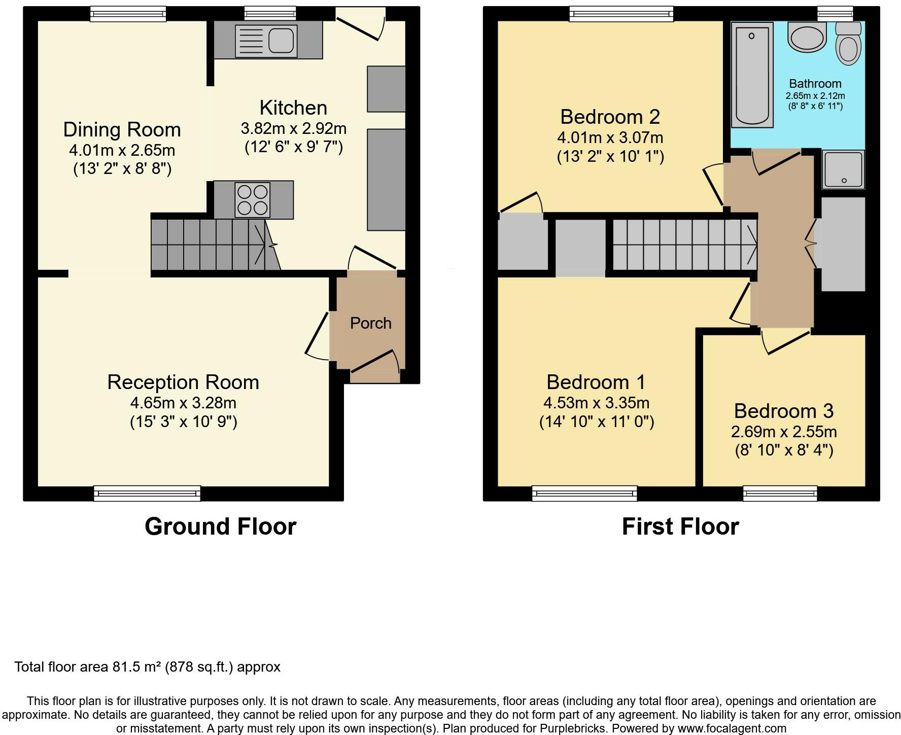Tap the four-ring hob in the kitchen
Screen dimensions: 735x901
pos(253,200)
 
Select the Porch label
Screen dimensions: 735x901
pos(370,323)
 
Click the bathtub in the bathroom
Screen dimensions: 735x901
pos(752,75)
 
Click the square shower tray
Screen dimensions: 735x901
pos(843,169)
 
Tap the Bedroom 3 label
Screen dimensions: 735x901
pos(783,411)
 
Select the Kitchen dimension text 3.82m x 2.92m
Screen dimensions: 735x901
pos(293,128)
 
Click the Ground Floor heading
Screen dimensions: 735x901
pos(220,527)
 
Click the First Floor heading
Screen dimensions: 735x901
pos(680,527)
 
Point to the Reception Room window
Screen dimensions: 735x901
pos(147,493)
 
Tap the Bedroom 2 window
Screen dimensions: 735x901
pos(621,13)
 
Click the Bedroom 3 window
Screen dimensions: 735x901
pos(780,493)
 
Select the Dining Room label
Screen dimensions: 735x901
pos(122,130)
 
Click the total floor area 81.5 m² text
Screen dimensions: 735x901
pos(147,667)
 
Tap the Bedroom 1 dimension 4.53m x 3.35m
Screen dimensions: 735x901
pos(596,403)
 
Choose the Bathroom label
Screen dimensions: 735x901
pos(815,84)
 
